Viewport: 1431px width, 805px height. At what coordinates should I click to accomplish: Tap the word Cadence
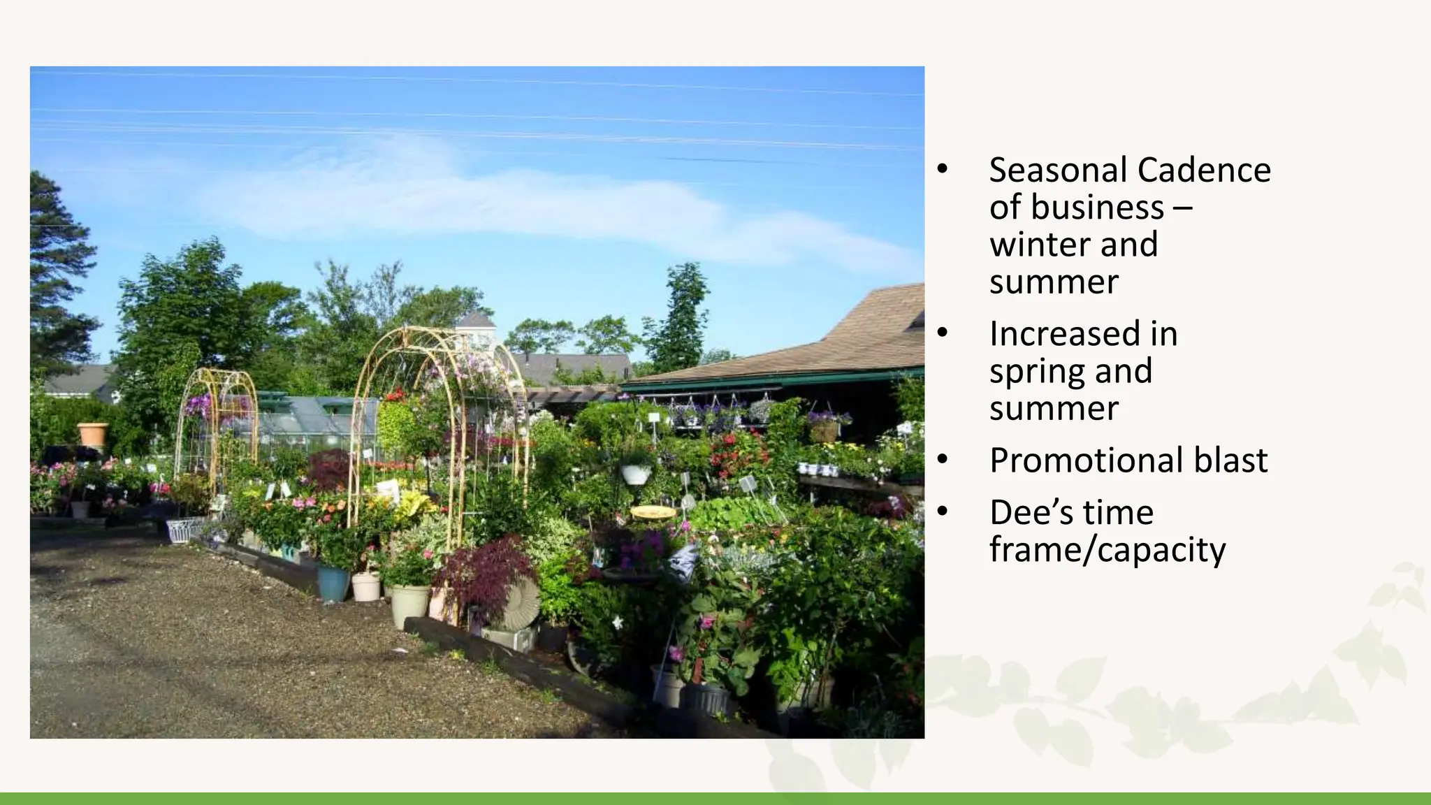pyautogui.click(x=1204, y=171)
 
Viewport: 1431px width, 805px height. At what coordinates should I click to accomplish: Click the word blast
pyautogui.click(x=1230, y=460)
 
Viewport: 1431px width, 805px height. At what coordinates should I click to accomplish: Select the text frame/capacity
pyautogui.click(x=1107, y=551)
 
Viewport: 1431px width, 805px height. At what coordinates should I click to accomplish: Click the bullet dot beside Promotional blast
pyautogui.click(x=943, y=459)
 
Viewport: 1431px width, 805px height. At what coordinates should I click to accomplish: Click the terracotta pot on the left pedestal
pyautogui.click(x=93, y=434)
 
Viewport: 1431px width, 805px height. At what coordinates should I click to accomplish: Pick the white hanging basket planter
pyautogui.click(x=636, y=474)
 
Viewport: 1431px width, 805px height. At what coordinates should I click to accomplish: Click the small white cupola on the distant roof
pyautogui.click(x=475, y=324)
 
